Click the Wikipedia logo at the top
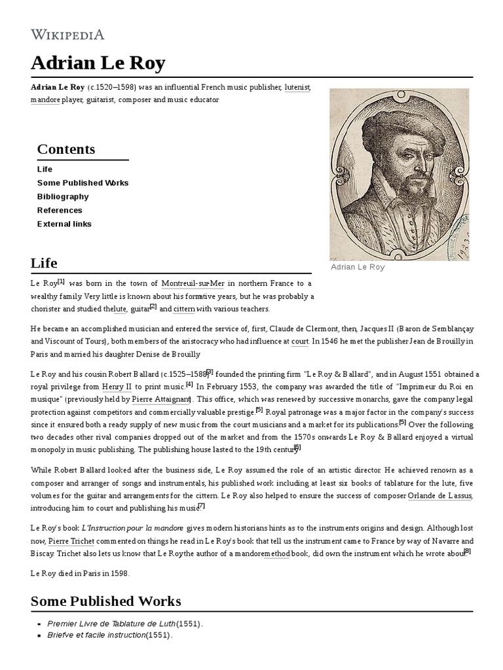[67, 34]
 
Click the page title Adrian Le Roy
[98, 63]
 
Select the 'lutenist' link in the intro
[297, 87]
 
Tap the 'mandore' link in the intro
[45, 99]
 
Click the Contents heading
[66, 149]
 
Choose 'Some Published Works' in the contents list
[83, 183]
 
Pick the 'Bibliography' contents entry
[63, 196]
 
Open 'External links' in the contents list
[64, 224]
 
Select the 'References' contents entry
[60, 210]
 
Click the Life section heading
[44, 263]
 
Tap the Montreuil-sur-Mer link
[193, 283]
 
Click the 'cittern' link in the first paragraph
[184, 308]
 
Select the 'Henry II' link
[117, 387]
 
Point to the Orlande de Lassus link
[439, 496]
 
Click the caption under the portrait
[358, 267]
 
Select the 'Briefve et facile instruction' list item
[109, 635]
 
